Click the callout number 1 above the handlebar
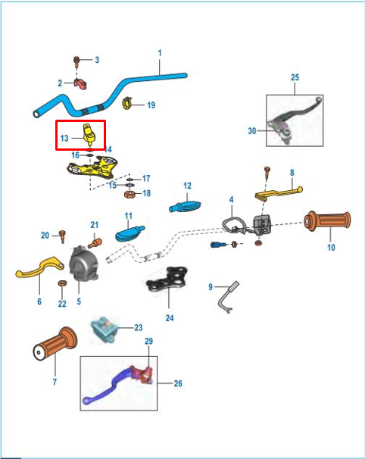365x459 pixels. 160,53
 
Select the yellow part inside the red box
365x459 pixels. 89,134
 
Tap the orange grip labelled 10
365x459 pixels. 327,221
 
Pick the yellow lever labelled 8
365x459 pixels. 278,193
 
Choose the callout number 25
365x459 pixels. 295,77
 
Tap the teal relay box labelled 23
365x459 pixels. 104,329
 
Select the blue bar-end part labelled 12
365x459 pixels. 185,206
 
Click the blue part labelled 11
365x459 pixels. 129,233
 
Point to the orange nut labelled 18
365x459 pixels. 129,194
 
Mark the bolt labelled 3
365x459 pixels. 76,61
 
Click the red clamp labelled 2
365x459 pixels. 80,84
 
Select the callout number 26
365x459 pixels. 178,383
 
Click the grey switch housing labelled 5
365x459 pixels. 84,264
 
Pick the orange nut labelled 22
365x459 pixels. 62,283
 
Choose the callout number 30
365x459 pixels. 252,131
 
